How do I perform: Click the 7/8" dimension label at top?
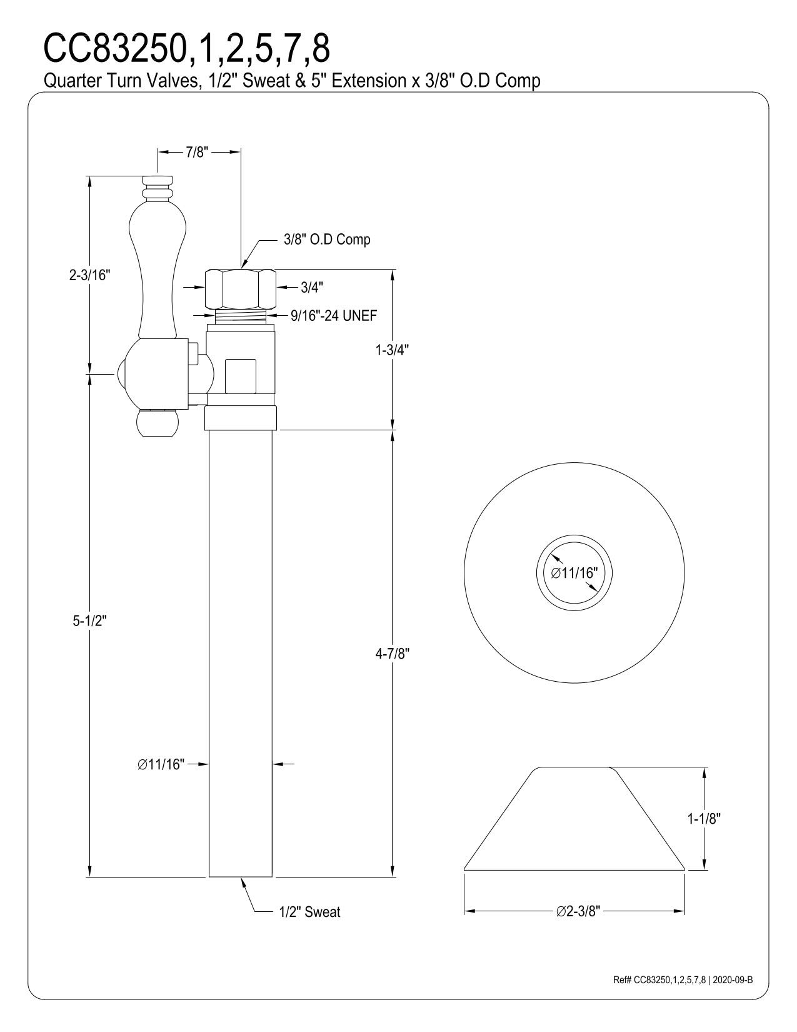point(197,153)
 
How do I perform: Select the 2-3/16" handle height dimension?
point(90,275)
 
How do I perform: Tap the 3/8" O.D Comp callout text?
point(327,240)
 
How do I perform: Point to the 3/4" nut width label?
point(312,287)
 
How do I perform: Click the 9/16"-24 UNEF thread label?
point(334,315)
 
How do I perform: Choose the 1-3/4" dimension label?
point(392,350)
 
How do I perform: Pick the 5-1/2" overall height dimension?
point(90,620)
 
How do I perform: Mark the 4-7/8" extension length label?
point(393,654)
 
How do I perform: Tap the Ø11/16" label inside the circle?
point(574,573)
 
